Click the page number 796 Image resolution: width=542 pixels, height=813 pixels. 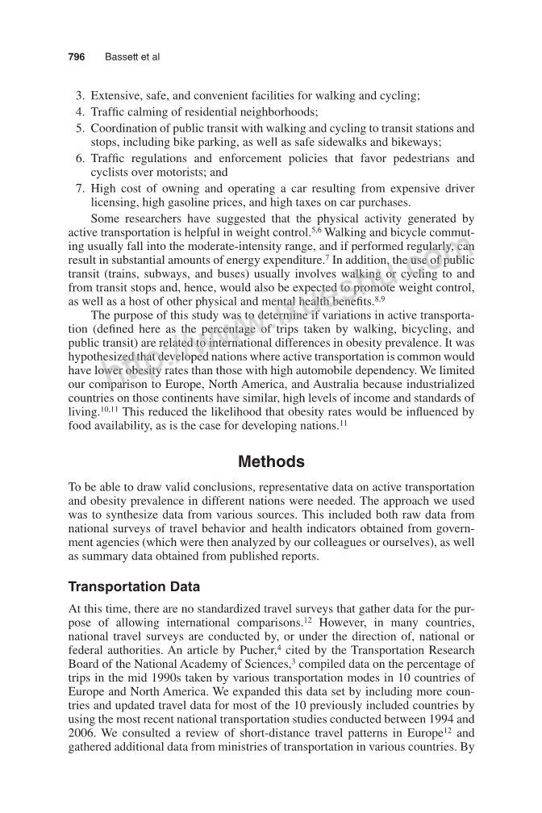click(x=77, y=57)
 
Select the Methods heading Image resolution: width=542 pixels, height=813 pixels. click(x=271, y=462)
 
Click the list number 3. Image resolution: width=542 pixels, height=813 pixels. click(x=80, y=96)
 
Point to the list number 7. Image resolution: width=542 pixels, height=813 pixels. click(x=80, y=188)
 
